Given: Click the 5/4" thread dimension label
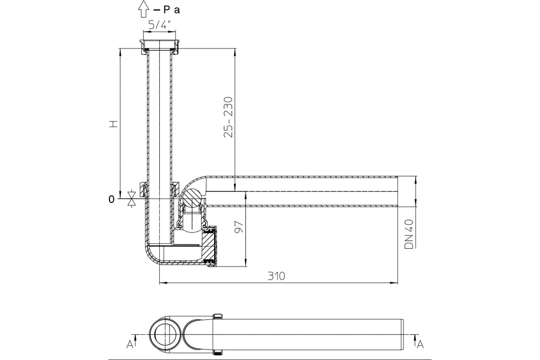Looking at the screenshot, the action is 160,25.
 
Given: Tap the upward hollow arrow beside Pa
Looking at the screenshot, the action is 144,9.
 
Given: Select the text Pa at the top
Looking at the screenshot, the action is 171,10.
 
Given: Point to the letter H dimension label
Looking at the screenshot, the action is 113,124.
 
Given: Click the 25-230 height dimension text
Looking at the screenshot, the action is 228,117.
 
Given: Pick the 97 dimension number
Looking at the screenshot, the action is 239,226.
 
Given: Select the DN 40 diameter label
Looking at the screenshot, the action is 409,234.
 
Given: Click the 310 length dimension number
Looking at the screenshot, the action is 276,276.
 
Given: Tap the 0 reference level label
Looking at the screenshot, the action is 112,199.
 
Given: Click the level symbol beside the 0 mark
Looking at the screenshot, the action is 131,199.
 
